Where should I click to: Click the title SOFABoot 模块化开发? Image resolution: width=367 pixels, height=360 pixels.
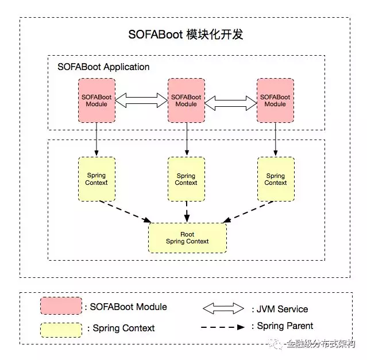coord(186,34)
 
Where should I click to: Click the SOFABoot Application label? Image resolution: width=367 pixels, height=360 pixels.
coord(103,67)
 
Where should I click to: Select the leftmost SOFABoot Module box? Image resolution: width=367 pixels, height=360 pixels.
coord(96,100)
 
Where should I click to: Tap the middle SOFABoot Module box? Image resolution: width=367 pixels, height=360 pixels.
coord(186,100)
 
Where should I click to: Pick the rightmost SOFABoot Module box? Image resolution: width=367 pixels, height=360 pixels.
coord(275,100)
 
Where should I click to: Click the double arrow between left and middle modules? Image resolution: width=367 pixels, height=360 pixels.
coord(141,101)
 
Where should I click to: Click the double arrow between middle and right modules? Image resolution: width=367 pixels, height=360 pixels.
coord(231,103)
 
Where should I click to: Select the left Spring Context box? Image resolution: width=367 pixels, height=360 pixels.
coord(96,179)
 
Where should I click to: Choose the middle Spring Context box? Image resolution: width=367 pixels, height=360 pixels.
coord(186,179)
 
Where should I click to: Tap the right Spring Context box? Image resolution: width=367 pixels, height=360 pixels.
coord(275,179)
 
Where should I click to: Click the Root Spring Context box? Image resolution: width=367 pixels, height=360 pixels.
coord(187,238)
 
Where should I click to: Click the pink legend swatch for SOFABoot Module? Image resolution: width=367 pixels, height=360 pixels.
coord(61,306)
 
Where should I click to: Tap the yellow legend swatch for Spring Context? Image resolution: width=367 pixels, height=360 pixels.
coord(61,328)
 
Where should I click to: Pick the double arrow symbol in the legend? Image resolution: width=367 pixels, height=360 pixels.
coord(223,308)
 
